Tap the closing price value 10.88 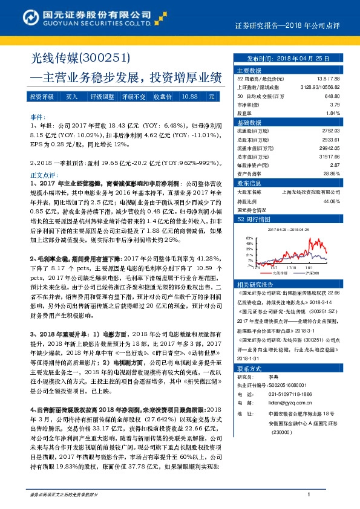189,97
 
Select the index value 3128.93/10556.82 321,87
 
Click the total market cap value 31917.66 327,156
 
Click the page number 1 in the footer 309,494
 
